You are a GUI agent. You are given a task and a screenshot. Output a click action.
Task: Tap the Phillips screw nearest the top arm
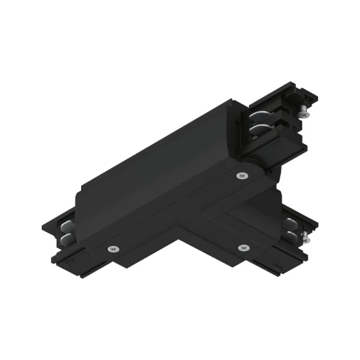tap(242, 175)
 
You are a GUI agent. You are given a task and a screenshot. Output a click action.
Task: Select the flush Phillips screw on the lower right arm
tap(244, 246)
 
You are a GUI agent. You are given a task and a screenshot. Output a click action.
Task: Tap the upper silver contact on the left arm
tap(66, 227)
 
